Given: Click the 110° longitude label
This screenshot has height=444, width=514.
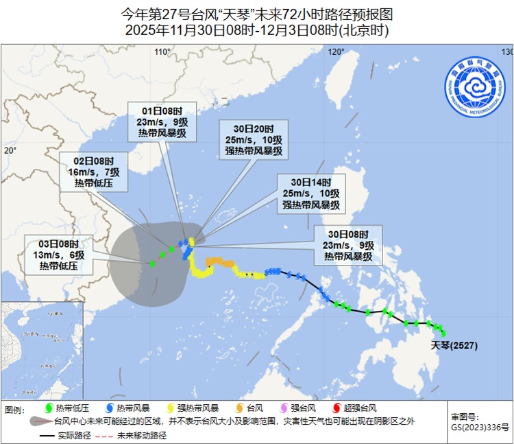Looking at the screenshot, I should click(162, 52).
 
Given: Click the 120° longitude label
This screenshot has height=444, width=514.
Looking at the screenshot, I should click(336, 52).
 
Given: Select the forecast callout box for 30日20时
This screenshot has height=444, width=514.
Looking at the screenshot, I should click(253, 139).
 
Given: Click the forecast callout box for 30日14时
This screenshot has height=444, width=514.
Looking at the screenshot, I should click(310, 194).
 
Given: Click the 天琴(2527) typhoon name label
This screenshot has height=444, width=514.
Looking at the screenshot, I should click(454, 345).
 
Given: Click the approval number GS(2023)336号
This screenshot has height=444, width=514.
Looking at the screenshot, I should click(480, 427).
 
